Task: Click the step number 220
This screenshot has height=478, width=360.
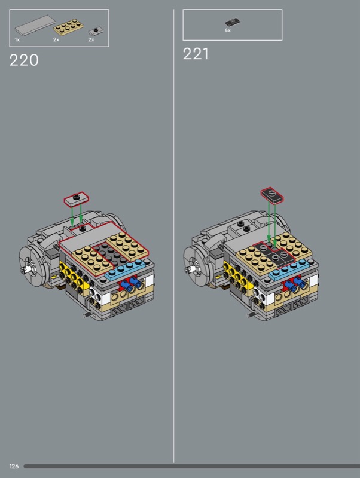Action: tap(24, 60)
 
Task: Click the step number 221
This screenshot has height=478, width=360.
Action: tap(196, 54)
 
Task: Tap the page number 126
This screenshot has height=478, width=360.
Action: tap(14, 466)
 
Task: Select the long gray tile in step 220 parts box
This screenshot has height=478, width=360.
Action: tap(35, 26)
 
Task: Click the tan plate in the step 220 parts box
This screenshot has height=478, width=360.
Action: tap(69, 27)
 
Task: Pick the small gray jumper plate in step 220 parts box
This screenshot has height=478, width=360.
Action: tap(96, 32)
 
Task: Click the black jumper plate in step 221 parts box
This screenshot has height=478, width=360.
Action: tap(233, 22)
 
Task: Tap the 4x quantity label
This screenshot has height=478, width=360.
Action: tap(228, 30)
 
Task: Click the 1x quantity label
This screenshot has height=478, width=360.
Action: tap(17, 39)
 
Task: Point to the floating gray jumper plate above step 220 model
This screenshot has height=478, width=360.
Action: tap(77, 198)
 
